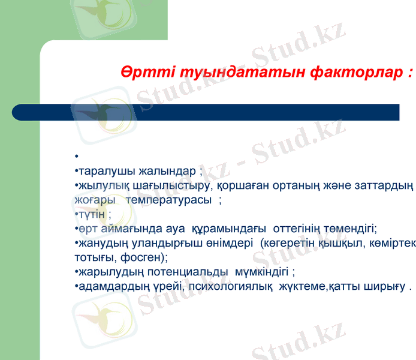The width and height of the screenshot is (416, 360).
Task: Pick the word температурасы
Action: pyautogui.click(x=170, y=200)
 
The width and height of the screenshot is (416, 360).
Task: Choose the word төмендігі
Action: pyautogui.click(x=350, y=229)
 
